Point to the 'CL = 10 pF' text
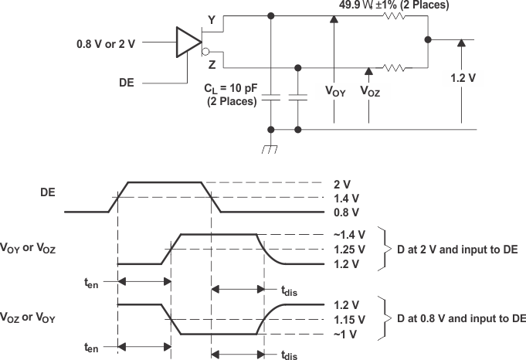coord(230,88)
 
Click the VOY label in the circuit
coord(334,90)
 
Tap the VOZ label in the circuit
coord(370,90)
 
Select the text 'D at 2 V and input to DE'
coord(460,250)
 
